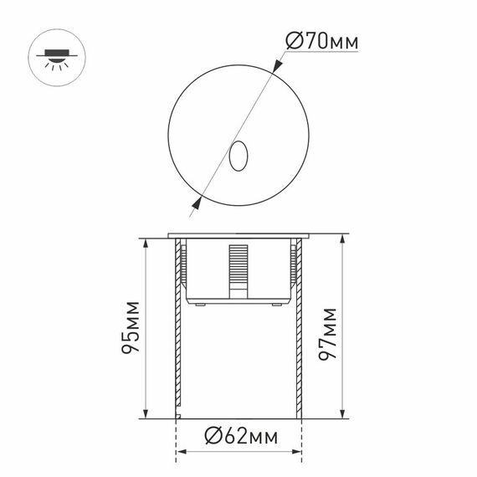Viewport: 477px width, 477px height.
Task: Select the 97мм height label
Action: (329, 331)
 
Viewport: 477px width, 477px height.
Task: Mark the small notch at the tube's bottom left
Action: (177, 413)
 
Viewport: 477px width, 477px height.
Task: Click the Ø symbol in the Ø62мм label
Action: (212, 435)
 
